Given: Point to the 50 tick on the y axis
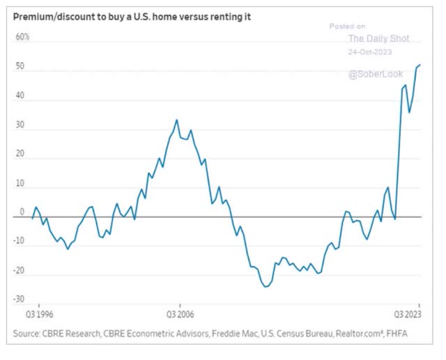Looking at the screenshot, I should pos(21,68).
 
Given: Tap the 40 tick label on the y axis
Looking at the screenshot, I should pos(21,97).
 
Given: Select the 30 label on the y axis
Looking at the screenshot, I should pos(21,127).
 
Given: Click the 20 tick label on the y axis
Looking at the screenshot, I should pos(21,157).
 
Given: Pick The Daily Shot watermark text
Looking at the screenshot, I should pos(378,38).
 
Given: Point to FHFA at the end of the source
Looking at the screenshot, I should pos(398,335).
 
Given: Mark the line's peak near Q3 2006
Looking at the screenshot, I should pos(176,120).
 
